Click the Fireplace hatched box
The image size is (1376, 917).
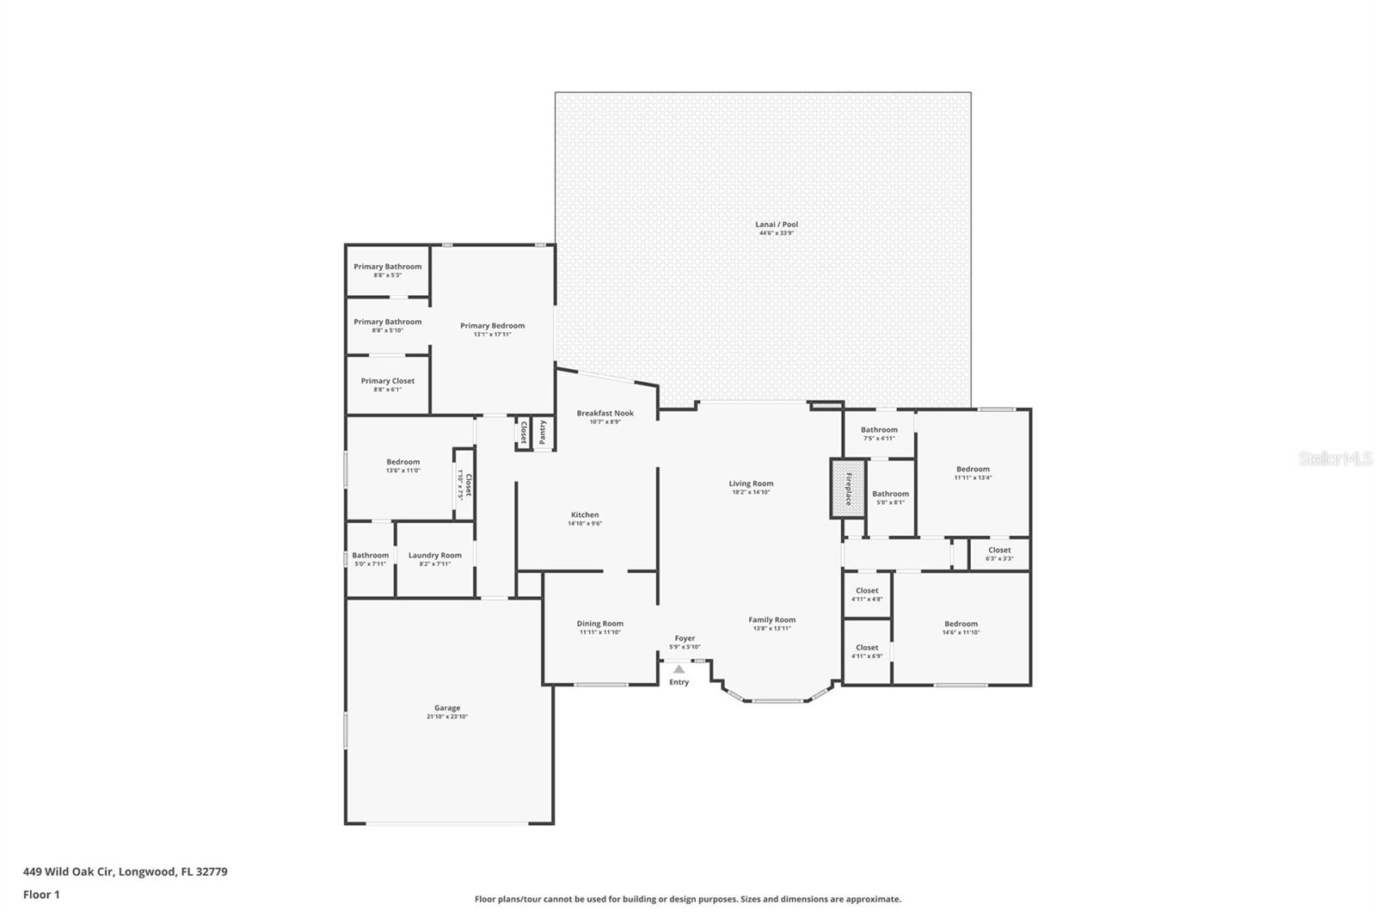pyautogui.click(x=847, y=489)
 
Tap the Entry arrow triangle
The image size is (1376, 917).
pyautogui.click(x=679, y=668)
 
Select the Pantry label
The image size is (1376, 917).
pyautogui.click(x=543, y=432)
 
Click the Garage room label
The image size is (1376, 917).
pyautogui.click(x=447, y=708)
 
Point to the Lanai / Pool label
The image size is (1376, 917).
pyautogui.click(x=777, y=225)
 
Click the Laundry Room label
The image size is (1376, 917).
pyautogui.click(x=434, y=556)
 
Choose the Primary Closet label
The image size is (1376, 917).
pyautogui.click(x=387, y=381)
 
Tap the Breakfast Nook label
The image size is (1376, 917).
pyautogui.click(x=605, y=413)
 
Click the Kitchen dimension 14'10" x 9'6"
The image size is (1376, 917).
pyautogui.click(x=585, y=524)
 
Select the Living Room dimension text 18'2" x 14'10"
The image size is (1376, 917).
pyautogui.click(x=751, y=493)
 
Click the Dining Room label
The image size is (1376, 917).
pyautogui.click(x=599, y=624)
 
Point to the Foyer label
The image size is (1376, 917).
pyautogui.click(x=685, y=638)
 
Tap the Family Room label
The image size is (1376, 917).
pyautogui.click(x=771, y=619)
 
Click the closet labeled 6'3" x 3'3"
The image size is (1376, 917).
pyautogui.click(x=999, y=554)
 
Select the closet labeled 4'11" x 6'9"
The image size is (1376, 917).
pyautogui.click(x=867, y=651)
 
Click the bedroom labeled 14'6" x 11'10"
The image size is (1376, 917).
pyautogui.click(x=961, y=628)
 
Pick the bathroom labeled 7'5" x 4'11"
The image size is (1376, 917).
pyautogui.click(x=879, y=434)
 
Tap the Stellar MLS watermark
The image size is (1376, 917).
pyautogui.click(x=1335, y=459)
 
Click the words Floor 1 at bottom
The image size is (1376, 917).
pyautogui.click(x=41, y=895)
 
